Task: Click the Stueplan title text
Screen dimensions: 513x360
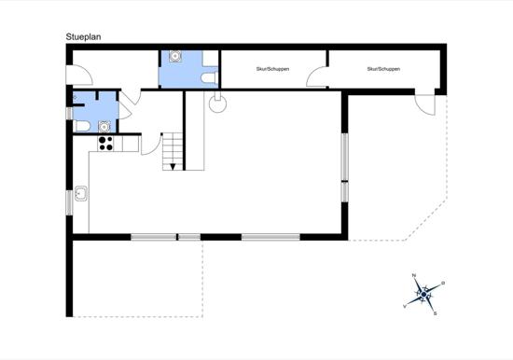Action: click(83, 37)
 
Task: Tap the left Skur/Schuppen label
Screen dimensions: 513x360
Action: click(272, 69)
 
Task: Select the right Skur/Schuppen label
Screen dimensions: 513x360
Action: click(383, 69)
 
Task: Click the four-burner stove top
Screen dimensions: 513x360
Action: click(105, 144)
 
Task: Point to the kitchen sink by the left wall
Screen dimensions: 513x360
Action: click(81, 193)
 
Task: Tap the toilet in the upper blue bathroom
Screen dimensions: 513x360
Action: click(209, 78)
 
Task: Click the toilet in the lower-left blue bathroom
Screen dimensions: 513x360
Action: click(82, 126)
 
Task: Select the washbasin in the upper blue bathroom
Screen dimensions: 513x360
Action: click(175, 56)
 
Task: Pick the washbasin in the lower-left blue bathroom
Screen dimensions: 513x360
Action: click(104, 126)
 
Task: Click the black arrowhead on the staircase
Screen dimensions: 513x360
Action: click(173, 167)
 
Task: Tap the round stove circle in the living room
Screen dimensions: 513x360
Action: click(217, 104)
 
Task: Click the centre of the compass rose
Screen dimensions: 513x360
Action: click(423, 295)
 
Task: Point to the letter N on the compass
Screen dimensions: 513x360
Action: click(414, 275)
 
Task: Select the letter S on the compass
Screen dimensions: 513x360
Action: click(435, 313)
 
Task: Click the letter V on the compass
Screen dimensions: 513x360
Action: click(405, 306)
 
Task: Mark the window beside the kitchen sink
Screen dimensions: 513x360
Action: click(69, 203)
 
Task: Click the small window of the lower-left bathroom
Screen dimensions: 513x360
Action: click(69, 114)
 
